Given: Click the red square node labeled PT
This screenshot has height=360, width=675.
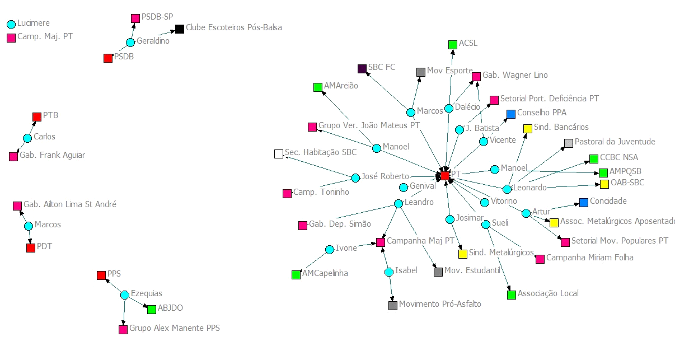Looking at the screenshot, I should click(x=444, y=176).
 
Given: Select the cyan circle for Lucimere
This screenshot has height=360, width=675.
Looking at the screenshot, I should click(x=11, y=24).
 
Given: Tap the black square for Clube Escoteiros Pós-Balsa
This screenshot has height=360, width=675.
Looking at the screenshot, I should click(x=180, y=29).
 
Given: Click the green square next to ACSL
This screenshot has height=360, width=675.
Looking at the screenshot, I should click(x=452, y=45).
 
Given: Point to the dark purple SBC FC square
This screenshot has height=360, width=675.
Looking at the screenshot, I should click(x=362, y=69).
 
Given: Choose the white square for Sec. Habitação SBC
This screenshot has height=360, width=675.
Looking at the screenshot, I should click(x=279, y=154).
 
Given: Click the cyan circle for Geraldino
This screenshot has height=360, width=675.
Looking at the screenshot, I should click(x=130, y=42).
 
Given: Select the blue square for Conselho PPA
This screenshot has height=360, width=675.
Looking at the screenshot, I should click(x=510, y=114).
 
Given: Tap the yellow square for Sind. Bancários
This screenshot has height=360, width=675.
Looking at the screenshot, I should click(x=527, y=129).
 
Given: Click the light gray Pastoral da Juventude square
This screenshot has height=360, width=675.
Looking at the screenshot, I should click(x=569, y=143).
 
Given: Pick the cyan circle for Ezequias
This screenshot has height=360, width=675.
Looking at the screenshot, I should click(x=125, y=295).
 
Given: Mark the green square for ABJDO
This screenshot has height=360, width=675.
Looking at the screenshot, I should click(x=151, y=309).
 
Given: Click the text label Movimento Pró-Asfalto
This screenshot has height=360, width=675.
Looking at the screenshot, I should click(x=440, y=304).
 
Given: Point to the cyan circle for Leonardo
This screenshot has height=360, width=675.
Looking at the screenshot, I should click(x=507, y=189).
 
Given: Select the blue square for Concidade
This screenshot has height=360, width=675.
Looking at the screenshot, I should click(x=584, y=202).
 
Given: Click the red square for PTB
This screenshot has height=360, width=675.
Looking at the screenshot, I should click(x=37, y=117).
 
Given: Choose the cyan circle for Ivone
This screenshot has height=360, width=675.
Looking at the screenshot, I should click(x=330, y=250).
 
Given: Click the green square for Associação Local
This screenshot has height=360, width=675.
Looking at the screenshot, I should click(x=511, y=294).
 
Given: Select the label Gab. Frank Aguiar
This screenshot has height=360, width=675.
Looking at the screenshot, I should click(x=52, y=156).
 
